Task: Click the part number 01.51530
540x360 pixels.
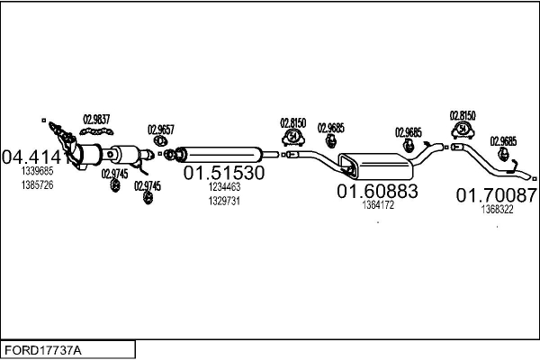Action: coord(224,172)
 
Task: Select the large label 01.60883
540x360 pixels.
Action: coord(377,191)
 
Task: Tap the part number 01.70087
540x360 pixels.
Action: coord(496,194)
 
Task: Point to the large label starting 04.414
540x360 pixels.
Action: coord(34,157)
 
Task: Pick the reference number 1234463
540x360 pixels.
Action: coord(224,187)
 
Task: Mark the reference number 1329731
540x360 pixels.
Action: coord(224,201)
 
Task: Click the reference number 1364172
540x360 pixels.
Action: coord(378,205)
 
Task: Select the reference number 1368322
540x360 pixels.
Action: coord(497,209)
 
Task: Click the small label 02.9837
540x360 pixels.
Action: coord(96,118)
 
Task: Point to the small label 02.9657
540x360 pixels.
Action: coord(160,129)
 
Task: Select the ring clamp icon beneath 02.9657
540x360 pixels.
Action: coord(161,141)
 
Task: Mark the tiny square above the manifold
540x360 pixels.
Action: coord(42,119)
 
